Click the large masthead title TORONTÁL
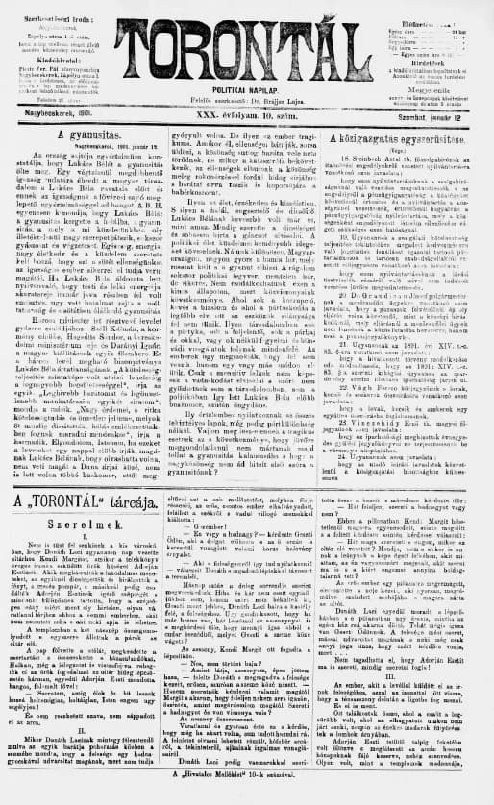pyautogui.click(x=247, y=44)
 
